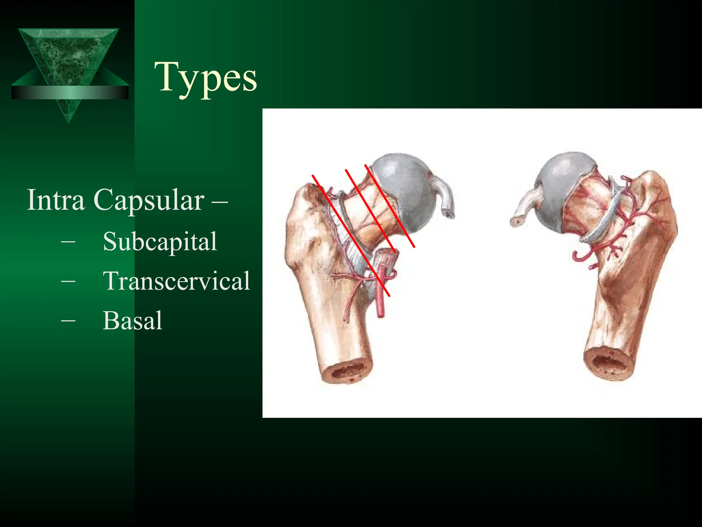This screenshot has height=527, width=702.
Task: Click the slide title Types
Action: coord(206,78)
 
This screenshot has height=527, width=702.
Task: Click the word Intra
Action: coord(56,200)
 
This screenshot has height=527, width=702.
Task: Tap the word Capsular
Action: coord(149,200)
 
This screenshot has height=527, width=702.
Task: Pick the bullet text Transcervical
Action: coord(177,281)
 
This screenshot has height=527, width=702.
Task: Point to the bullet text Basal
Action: coord(132,320)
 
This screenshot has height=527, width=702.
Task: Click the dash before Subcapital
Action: coord(68,242)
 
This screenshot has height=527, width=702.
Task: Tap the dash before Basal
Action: coord(68,320)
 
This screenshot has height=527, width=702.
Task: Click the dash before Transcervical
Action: coord(68,281)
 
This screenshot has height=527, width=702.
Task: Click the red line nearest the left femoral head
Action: coord(390,206)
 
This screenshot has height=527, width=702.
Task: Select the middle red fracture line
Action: coord(371,211)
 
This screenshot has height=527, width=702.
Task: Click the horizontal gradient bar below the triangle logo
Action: coord(70,92)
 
